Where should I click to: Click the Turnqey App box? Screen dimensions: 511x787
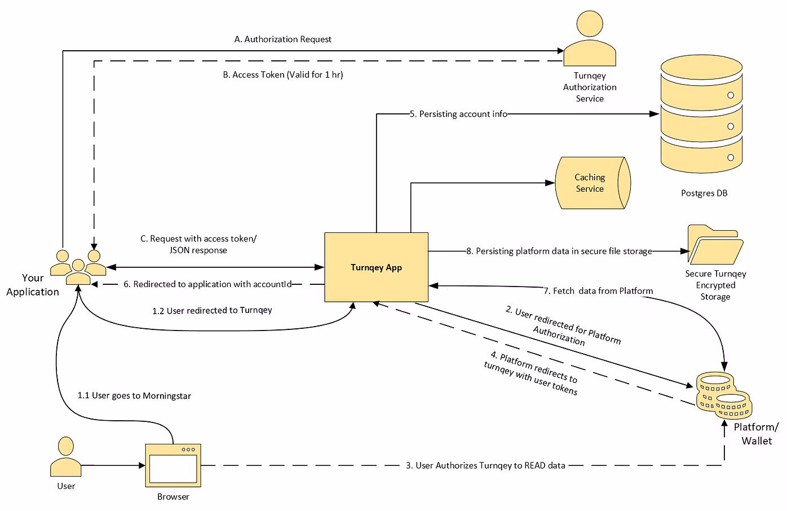[x=376, y=267]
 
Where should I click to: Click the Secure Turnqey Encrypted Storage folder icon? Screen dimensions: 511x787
[x=715, y=245]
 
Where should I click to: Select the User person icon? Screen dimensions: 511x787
[x=66, y=457]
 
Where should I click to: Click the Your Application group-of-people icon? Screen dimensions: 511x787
[x=78, y=267]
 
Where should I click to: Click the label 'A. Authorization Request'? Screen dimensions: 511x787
[x=282, y=39]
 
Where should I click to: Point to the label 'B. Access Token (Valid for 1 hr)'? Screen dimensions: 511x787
[x=282, y=74]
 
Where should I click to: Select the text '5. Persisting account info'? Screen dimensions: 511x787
[x=458, y=114]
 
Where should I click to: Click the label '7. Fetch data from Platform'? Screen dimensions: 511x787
[x=598, y=291]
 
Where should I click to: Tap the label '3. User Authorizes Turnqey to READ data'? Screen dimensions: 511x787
[x=485, y=466]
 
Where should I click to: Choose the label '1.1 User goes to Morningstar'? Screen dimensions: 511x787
[x=134, y=396]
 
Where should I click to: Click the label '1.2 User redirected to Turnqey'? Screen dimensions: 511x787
[x=212, y=310]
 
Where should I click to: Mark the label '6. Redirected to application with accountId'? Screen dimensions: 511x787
[x=207, y=284]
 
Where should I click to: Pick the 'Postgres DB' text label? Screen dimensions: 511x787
[x=704, y=193]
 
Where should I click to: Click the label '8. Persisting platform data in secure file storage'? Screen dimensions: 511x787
[x=559, y=251]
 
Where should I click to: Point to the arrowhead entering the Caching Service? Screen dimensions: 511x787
[x=550, y=183]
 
